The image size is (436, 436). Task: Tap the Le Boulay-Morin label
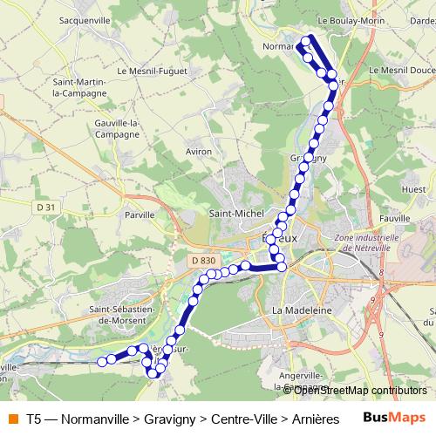coord(351,18)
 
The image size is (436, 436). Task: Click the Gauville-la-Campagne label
coord(116,128)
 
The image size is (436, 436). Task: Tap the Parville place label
coord(140,213)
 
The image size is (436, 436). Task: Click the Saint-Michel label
coord(235,213)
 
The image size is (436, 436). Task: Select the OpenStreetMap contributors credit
coord(360,390)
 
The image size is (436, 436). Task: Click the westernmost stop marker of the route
coord(101,361)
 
